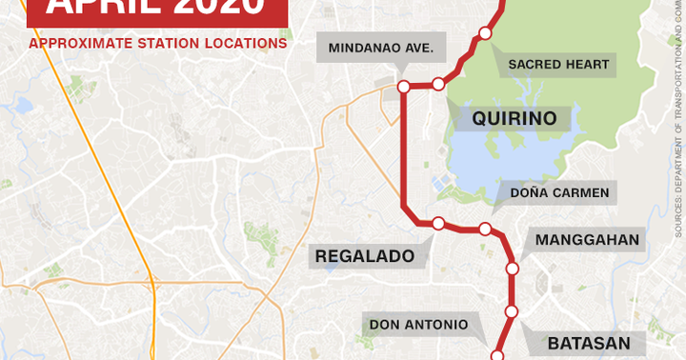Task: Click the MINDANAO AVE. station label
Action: pyautogui.click(x=381, y=47)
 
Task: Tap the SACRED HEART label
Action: pyautogui.click(x=557, y=65)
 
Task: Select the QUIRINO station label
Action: pyautogui.click(x=514, y=119)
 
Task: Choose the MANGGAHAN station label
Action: pyautogui.click(x=587, y=239)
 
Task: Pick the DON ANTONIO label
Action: pyautogui.click(x=418, y=324)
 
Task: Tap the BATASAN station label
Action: pyautogui.click(x=583, y=341)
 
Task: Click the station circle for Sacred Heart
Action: pyautogui.click(x=485, y=33)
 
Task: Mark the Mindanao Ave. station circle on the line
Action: pyautogui.click(x=403, y=86)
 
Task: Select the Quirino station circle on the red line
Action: pyautogui.click(x=438, y=84)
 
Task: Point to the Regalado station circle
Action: pyautogui.click(x=438, y=224)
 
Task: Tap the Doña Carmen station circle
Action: pyautogui.click(x=484, y=229)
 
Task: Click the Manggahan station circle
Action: pyautogui.click(x=512, y=269)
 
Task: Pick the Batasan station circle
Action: pyautogui.click(x=511, y=311)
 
